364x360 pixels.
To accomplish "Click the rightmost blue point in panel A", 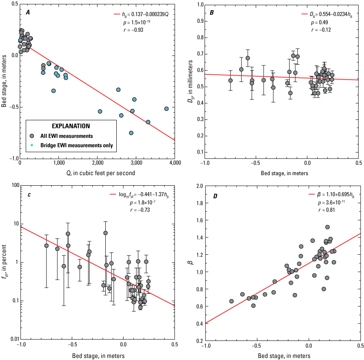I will (166, 108).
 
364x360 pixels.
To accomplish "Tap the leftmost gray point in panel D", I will (231, 301).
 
